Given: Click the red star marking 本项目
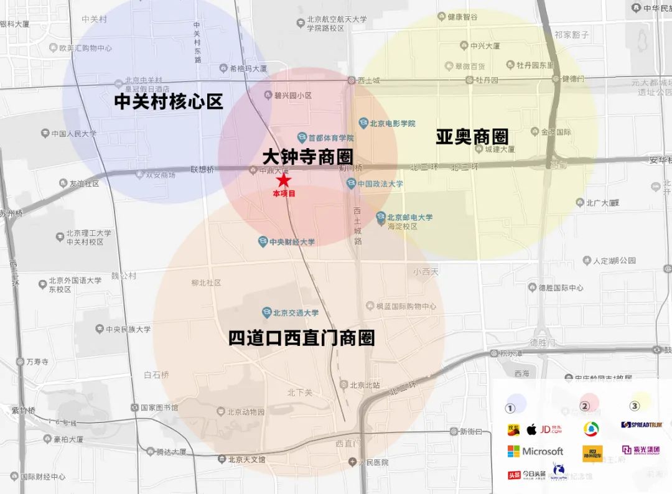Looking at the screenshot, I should (x=284, y=181).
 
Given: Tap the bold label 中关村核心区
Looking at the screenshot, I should (x=169, y=102).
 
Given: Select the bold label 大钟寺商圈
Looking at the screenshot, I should (x=307, y=156).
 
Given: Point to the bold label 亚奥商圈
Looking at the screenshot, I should (x=472, y=137).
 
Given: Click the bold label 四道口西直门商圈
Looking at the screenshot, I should (x=301, y=338).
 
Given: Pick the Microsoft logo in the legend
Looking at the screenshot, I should (x=535, y=451).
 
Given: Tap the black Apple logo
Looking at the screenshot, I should (x=531, y=429).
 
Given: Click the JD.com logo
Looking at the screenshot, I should (x=551, y=429).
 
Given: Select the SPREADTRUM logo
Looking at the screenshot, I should (x=642, y=425).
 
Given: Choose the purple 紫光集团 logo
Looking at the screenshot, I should (x=641, y=450).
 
